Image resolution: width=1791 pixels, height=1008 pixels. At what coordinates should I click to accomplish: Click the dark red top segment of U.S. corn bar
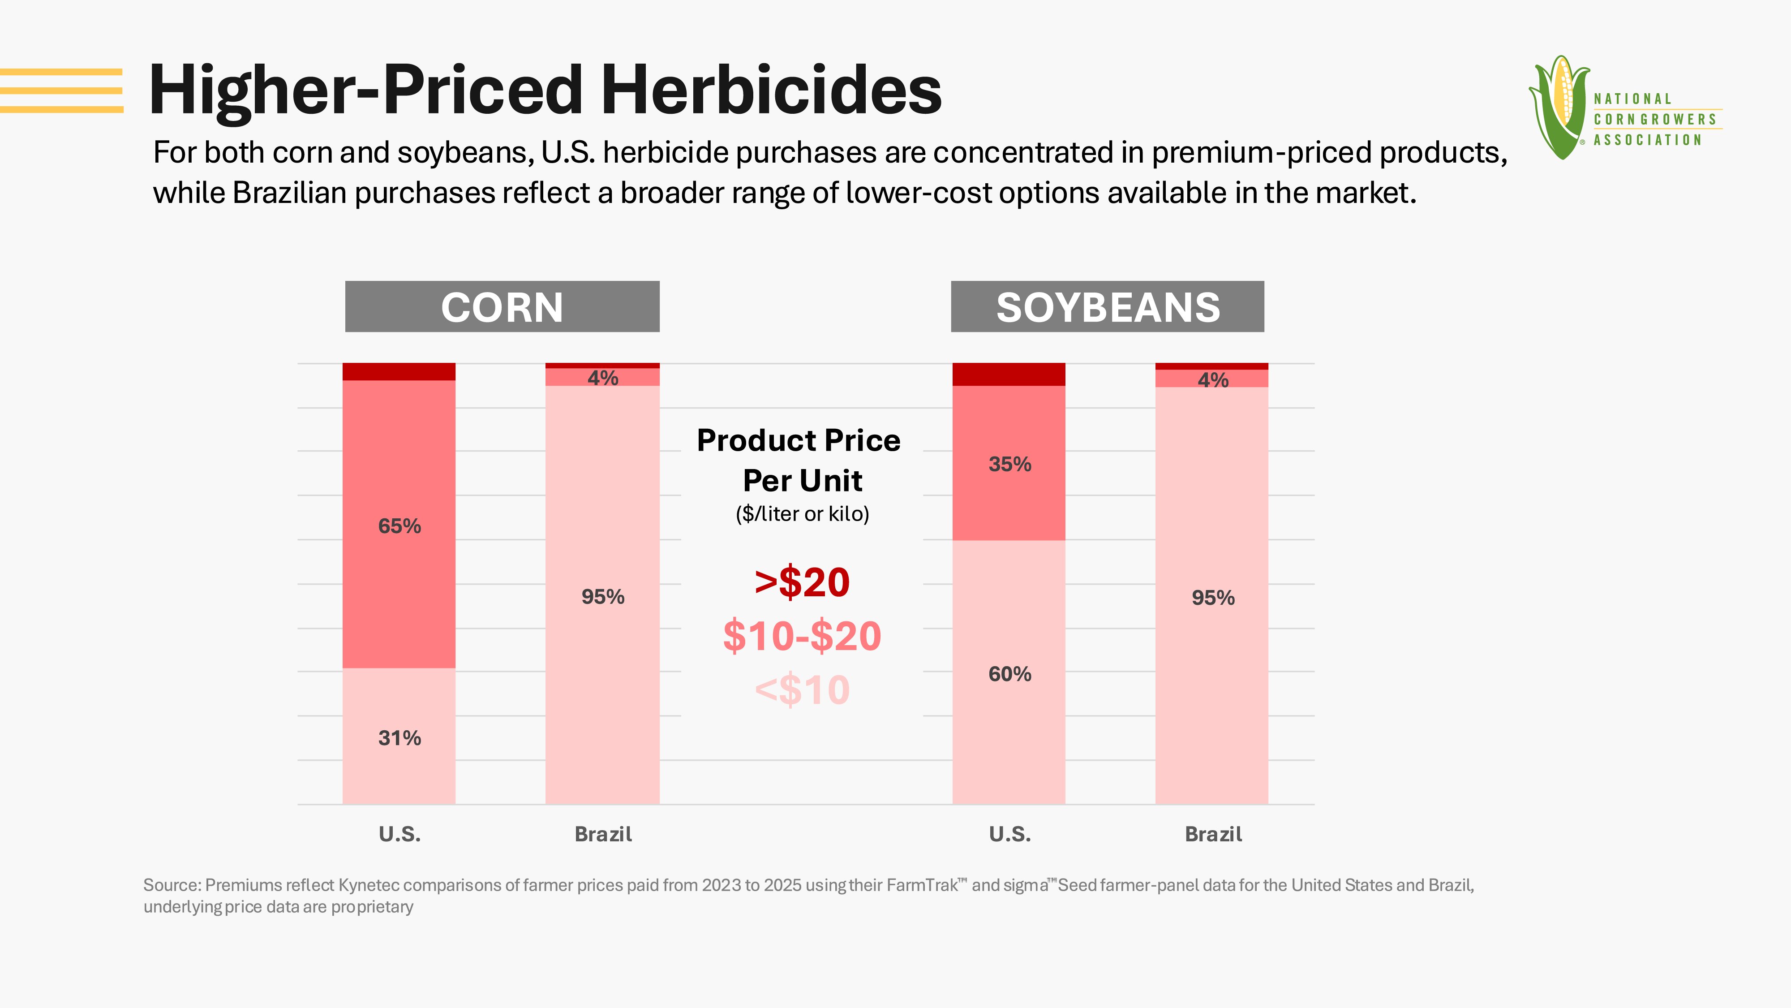[399, 371]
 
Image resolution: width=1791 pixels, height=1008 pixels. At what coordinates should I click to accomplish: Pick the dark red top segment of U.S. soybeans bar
[1009, 374]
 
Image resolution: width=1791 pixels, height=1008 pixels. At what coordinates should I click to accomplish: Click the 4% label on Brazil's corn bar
[603, 378]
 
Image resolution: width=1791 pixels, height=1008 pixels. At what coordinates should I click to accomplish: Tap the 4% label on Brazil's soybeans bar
[1213, 380]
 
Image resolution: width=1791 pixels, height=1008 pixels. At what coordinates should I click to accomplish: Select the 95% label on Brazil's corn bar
[603, 597]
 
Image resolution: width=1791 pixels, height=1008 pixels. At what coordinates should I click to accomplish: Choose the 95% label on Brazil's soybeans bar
[1213, 598]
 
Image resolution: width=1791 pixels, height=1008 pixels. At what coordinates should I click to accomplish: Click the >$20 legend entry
[802, 582]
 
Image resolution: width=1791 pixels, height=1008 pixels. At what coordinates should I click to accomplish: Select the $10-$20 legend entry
[802, 636]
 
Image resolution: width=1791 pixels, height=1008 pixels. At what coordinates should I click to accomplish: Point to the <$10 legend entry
[802, 690]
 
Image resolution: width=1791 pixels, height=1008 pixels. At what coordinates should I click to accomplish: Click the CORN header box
[502, 307]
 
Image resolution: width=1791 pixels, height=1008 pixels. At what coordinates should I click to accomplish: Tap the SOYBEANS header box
[1108, 307]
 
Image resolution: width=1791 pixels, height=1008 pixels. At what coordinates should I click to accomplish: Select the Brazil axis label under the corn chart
[603, 834]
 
